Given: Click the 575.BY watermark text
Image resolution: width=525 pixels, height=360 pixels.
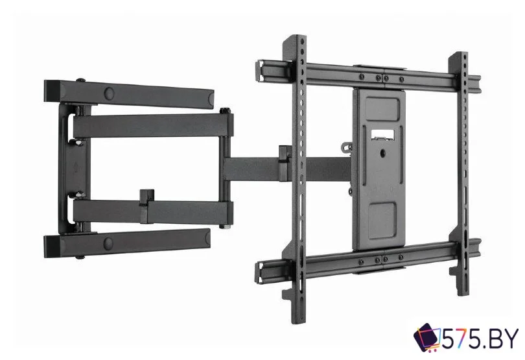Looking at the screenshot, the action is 480,340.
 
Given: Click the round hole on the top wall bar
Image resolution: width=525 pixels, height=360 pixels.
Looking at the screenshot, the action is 110,92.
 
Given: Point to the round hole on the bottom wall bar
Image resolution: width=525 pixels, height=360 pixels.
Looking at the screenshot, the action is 108,242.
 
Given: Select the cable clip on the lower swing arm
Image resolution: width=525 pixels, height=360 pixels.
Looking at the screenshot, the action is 147,206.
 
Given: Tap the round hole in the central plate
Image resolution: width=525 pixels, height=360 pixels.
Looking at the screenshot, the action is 382,154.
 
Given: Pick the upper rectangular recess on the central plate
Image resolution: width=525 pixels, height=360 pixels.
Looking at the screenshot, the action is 382,108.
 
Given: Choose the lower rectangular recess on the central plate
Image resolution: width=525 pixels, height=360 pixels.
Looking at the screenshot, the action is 382,216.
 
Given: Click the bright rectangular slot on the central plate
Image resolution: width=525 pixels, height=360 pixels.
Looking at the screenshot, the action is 382,134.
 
